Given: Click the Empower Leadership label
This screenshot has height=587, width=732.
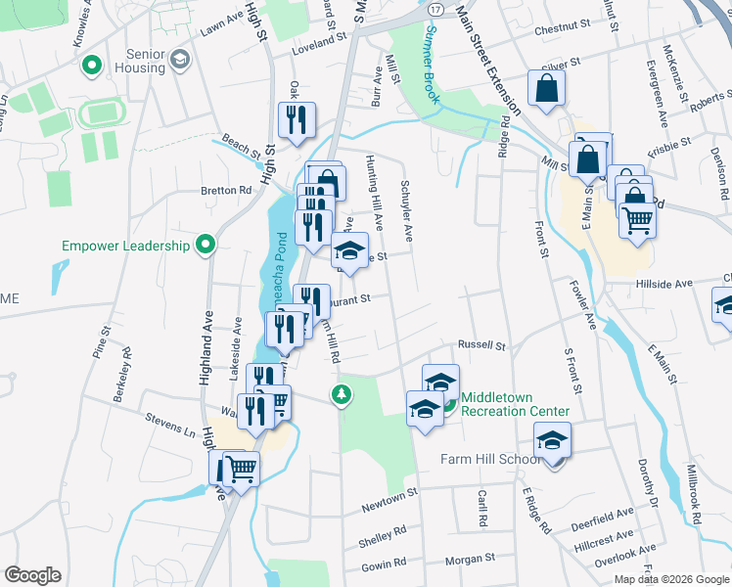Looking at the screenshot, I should click(125, 246).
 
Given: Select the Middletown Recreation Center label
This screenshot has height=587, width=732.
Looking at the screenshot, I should click(515, 405).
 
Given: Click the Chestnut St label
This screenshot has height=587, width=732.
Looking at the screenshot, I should click(564, 23).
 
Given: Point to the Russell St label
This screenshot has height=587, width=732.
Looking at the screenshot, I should click(481, 345).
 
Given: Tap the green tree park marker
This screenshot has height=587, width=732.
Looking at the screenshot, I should click(342, 394).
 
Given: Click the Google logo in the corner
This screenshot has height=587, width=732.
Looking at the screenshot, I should click(32, 575).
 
